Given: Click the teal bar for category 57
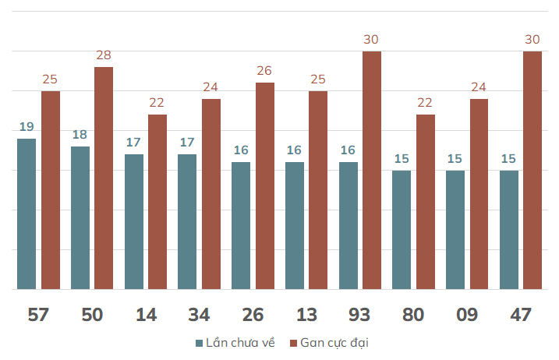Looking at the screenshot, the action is (27, 214).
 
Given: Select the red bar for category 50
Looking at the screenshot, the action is (104, 178).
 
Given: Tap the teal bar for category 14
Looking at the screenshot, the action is (134, 222).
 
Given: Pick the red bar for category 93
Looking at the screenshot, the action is (372, 170).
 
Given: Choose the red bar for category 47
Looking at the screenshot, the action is (532, 170).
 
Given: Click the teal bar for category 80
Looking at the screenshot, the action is (402, 230).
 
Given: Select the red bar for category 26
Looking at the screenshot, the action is (265, 185).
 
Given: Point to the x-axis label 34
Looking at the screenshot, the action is (199, 315).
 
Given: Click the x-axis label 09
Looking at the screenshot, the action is (467, 315).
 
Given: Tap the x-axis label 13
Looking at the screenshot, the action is (306, 315).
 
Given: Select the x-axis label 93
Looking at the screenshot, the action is (359, 315).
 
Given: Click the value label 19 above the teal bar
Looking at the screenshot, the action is (27, 126).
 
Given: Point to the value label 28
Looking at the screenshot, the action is (104, 55).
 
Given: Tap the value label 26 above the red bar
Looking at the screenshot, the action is (264, 71).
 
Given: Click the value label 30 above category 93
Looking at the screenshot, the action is (371, 40).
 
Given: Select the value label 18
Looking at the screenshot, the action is (80, 135).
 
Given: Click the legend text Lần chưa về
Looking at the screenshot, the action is (240, 343).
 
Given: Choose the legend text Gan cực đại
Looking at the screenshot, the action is (334, 343).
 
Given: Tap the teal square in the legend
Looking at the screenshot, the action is (200, 344).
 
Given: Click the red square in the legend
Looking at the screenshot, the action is (293, 344).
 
